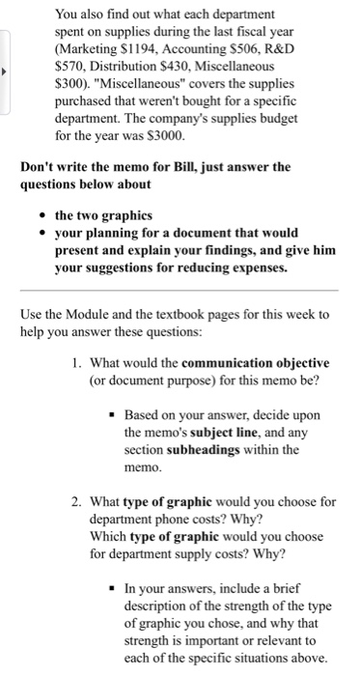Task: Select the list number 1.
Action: [x=75, y=363]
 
